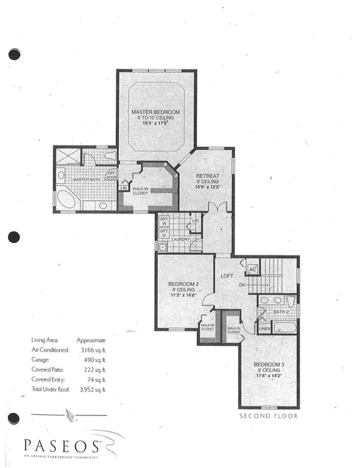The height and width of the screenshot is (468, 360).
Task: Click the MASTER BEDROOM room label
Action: (155, 112)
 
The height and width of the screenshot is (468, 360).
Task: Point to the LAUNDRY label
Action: (179, 239)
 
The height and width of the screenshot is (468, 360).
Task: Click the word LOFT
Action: (226, 275)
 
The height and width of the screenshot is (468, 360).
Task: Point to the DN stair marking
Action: (241, 285)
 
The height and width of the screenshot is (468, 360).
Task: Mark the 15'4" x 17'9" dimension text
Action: (155, 123)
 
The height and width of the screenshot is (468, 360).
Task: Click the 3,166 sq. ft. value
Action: (91, 349)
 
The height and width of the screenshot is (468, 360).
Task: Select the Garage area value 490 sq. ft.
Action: (91, 359)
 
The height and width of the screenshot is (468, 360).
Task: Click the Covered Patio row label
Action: (48, 369)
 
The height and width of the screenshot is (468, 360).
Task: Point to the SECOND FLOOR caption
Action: (268, 415)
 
